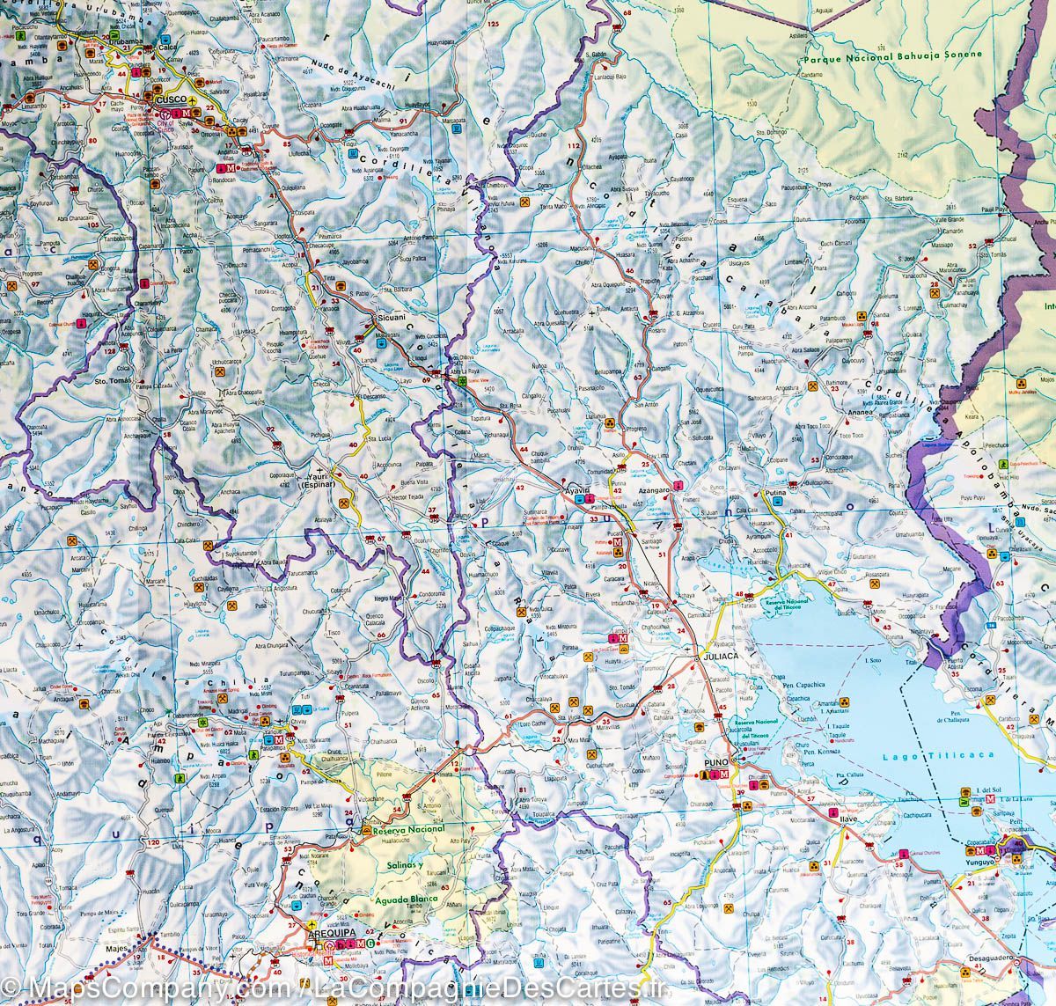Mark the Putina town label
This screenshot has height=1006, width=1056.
(774, 496)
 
